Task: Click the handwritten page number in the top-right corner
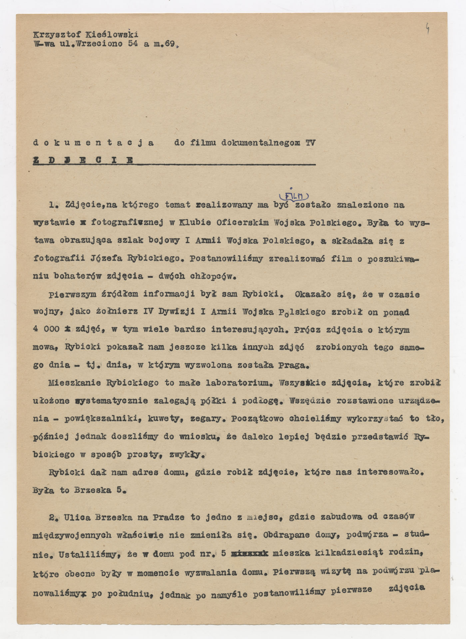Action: click(427, 30)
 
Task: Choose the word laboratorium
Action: click(236, 383)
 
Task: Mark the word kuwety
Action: click(164, 419)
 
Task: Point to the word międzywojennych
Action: click(72, 535)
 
